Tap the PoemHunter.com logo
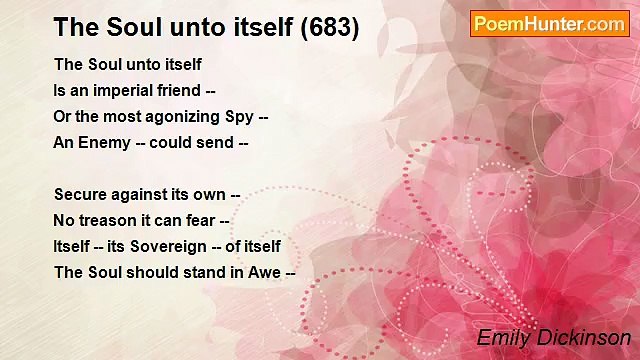point(549,24)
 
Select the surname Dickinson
point(581,338)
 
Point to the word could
point(171,142)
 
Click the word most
point(119,116)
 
